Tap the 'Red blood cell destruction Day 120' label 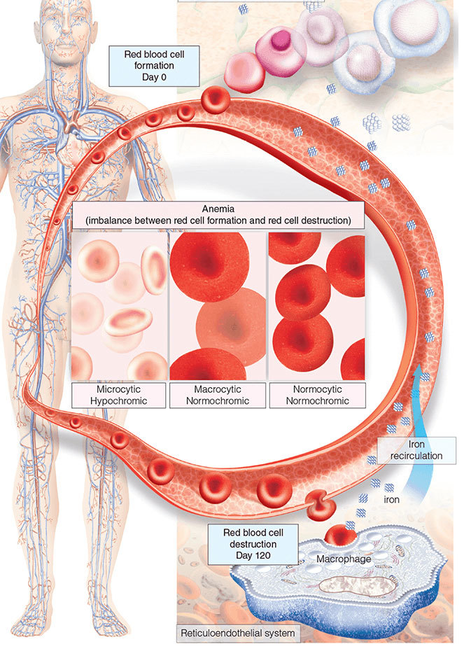tap(250, 543)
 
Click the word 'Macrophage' tap(337, 559)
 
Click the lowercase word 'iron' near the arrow tap(392, 500)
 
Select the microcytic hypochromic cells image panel tap(119, 305)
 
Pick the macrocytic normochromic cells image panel tap(218, 305)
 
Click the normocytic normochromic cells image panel tap(317, 305)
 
